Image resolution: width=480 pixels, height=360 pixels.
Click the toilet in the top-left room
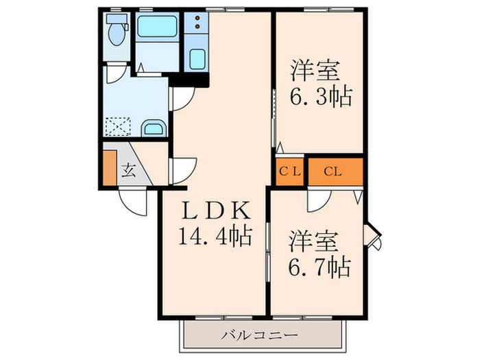coord(116,32)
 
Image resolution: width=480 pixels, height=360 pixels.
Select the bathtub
coord(157,28)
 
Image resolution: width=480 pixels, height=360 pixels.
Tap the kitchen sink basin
coord(197,60)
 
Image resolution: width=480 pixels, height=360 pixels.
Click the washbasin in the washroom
coord(153,128)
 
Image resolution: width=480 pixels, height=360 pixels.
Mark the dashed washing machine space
coord(117,125)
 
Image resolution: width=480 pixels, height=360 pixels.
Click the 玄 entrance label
coord(129,169)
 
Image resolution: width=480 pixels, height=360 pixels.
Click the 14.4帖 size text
coord(214,238)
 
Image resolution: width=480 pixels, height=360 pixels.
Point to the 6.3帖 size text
coord(320,97)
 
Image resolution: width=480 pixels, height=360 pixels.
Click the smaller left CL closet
coord(289,171)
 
